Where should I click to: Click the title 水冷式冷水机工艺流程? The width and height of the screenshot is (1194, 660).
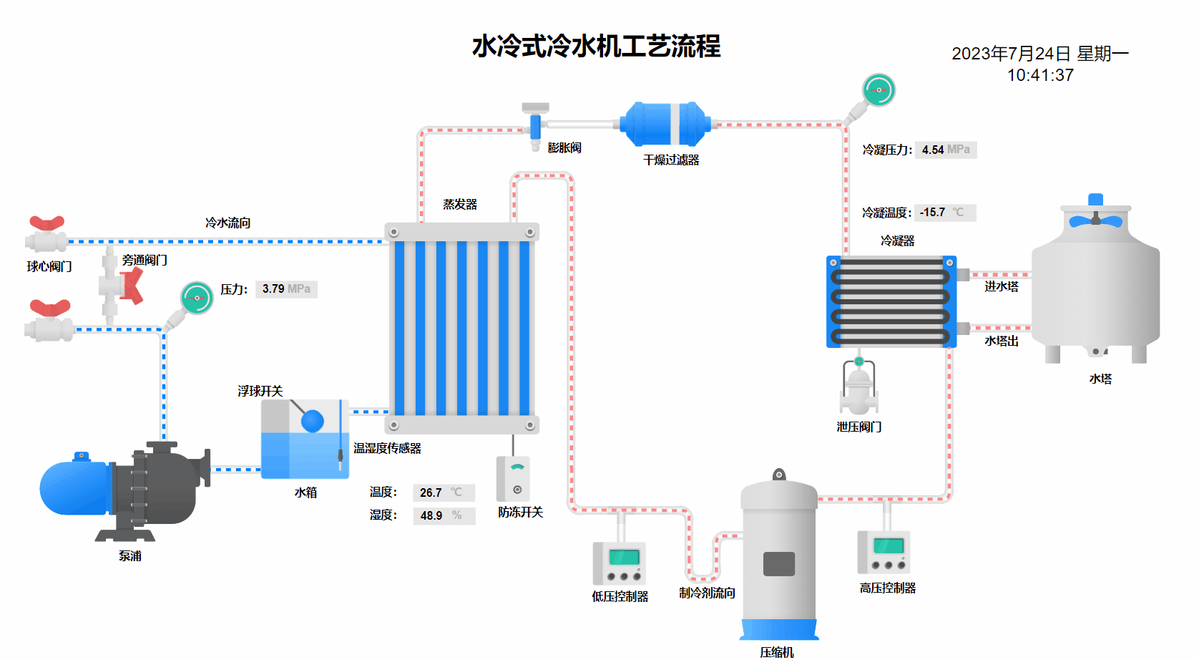(x=596, y=47)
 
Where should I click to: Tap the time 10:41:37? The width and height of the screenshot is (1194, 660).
(x=1040, y=75)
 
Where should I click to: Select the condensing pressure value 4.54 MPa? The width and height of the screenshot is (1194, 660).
(x=945, y=150)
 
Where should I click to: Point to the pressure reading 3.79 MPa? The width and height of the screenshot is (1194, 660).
(x=285, y=289)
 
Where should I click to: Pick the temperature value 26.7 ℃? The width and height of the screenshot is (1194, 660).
(x=443, y=492)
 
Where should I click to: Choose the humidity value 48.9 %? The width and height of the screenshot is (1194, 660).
(x=443, y=515)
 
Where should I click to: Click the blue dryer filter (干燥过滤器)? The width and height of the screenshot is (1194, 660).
(x=665, y=124)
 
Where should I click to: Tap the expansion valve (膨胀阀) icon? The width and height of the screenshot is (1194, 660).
(x=535, y=127)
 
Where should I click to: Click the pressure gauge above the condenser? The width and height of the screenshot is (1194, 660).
(x=878, y=90)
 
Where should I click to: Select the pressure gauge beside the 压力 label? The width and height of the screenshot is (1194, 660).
(x=197, y=298)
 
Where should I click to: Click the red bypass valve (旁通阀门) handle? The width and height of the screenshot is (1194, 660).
(x=132, y=286)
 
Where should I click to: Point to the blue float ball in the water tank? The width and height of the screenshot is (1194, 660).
(x=313, y=421)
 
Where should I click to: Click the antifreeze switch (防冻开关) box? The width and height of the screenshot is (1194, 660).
(x=514, y=478)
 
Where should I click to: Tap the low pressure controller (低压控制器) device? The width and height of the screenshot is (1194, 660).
(x=620, y=563)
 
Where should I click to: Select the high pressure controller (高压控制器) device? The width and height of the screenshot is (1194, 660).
(x=884, y=552)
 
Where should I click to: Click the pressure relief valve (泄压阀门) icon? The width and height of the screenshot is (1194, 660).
(x=858, y=390)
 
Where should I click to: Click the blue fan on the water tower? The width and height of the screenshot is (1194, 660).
(x=1095, y=220)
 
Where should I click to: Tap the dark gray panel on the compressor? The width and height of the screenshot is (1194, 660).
(x=778, y=564)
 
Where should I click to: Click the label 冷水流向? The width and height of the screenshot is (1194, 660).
(x=227, y=223)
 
